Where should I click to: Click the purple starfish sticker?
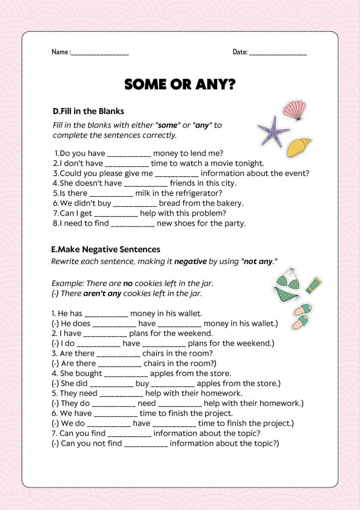(272, 131)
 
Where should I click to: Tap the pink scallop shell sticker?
(294, 111)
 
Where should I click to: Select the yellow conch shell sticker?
(299, 147)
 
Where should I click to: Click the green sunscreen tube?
(314, 285)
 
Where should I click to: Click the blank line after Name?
(100, 53)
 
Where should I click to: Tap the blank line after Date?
(278, 53)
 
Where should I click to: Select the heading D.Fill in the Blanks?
(88, 111)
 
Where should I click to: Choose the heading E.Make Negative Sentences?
(106, 249)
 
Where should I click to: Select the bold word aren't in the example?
(95, 293)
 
